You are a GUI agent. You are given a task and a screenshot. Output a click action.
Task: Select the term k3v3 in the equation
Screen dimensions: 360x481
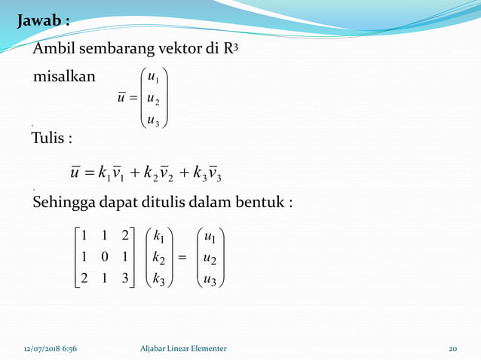coord(213,174)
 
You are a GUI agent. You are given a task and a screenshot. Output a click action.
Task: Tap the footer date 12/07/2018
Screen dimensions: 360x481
coord(38,348)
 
